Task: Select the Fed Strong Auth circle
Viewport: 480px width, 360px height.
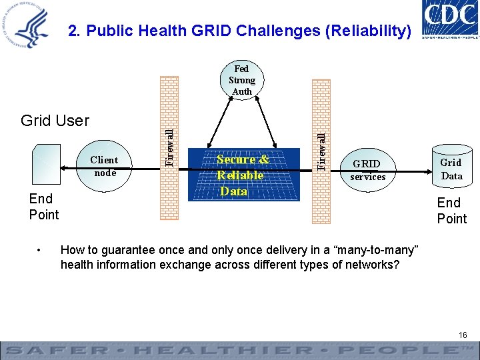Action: [x=241, y=80]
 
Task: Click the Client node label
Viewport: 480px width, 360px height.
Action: [x=104, y=166]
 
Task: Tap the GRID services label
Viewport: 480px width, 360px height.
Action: [x=367, y=170]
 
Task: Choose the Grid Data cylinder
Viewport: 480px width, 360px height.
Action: [x=451, y=169]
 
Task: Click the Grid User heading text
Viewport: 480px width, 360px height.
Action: [x=55, y=121]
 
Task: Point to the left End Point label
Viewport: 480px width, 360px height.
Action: [x=43, y=207]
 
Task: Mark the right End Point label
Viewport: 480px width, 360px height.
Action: [x=451, y=211]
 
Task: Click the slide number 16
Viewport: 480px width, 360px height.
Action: [x=463, y=335]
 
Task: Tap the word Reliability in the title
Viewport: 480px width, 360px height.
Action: [x=370, y=31]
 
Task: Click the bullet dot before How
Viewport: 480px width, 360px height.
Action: [x=41, y=251]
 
